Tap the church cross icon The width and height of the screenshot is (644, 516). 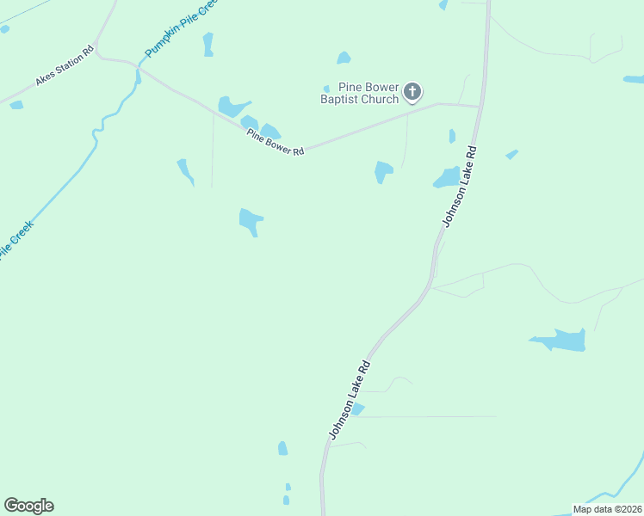[x=412, y=91]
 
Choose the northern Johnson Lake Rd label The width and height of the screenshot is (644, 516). [x=460, y=185]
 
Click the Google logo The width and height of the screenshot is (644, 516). [x=28, y=505]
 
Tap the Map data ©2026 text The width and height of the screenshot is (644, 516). [x=607, y=509]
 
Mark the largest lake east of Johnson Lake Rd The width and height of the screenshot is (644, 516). [x=561, y=341]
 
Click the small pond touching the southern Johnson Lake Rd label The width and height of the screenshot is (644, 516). [x=358, y=409]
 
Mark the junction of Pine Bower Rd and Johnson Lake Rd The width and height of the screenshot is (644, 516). [x=479, y=107]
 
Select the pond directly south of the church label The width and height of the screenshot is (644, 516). [x=383, y=171]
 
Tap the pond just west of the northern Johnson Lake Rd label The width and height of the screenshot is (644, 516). [x=447, y=177]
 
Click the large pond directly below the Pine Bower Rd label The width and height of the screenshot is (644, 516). [x=251, y=220]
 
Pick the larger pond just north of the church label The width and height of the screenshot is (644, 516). [x=344, y=58]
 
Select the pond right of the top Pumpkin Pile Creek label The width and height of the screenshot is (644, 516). [x=208, y=44]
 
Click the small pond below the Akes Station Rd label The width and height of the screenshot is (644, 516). [x=16, y=105]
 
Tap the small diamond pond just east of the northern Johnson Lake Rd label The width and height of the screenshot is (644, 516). [x=511, y=155]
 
